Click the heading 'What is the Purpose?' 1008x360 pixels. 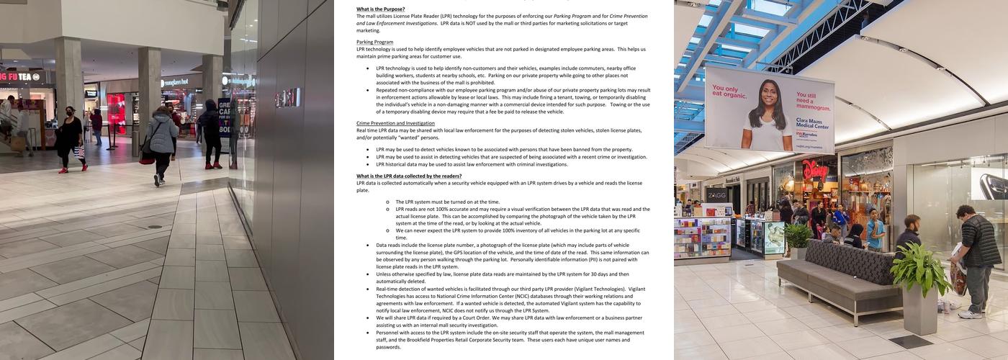(380, 9)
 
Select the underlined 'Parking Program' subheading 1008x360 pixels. (374, 42)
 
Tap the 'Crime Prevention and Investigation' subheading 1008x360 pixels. (395, 123)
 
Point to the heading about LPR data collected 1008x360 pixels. (409, 176)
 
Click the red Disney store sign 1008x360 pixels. (815, 170)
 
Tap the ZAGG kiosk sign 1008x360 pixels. (716, 194)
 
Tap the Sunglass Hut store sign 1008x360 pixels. (174, 82)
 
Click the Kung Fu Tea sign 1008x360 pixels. (20, 76)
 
